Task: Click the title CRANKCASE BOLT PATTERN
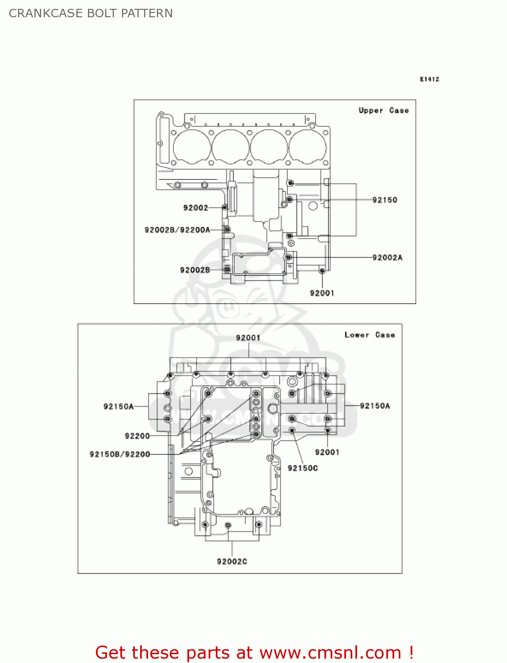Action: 91,13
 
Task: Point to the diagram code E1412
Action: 429,79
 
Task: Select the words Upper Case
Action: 383,110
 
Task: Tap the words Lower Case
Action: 370,335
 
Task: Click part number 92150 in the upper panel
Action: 385,200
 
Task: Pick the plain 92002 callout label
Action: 195,208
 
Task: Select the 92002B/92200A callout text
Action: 177,230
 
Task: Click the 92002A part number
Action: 387,258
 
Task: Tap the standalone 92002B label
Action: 195,270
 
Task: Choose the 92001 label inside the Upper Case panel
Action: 322,293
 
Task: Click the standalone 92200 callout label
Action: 137,436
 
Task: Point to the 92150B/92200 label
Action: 120,454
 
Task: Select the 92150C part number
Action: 302,468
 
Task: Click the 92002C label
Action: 232,561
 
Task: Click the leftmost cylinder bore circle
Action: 192,147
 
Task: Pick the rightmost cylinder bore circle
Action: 308,147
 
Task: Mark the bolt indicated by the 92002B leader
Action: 227,269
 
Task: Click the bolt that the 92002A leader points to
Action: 288,257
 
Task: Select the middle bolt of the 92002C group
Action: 228,525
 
